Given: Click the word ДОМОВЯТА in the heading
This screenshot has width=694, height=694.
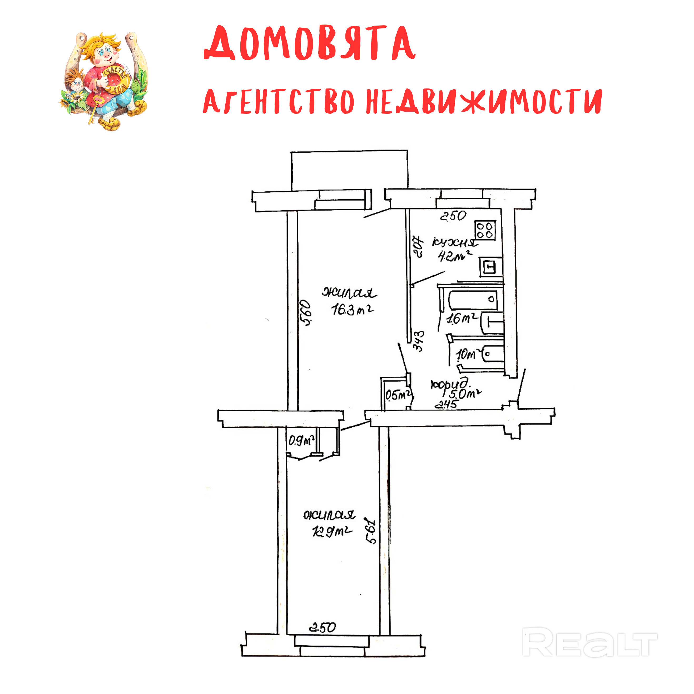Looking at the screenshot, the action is point(310,43).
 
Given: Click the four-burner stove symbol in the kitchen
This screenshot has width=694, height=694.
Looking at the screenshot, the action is point(485,230).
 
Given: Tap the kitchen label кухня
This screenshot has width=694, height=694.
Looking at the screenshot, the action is point(455,243).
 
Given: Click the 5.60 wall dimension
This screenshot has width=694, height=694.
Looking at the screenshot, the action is point(306,313).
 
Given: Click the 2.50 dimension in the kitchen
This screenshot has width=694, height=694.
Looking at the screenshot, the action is point(453,216).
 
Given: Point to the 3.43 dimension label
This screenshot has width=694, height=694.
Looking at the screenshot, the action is point(419,341).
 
